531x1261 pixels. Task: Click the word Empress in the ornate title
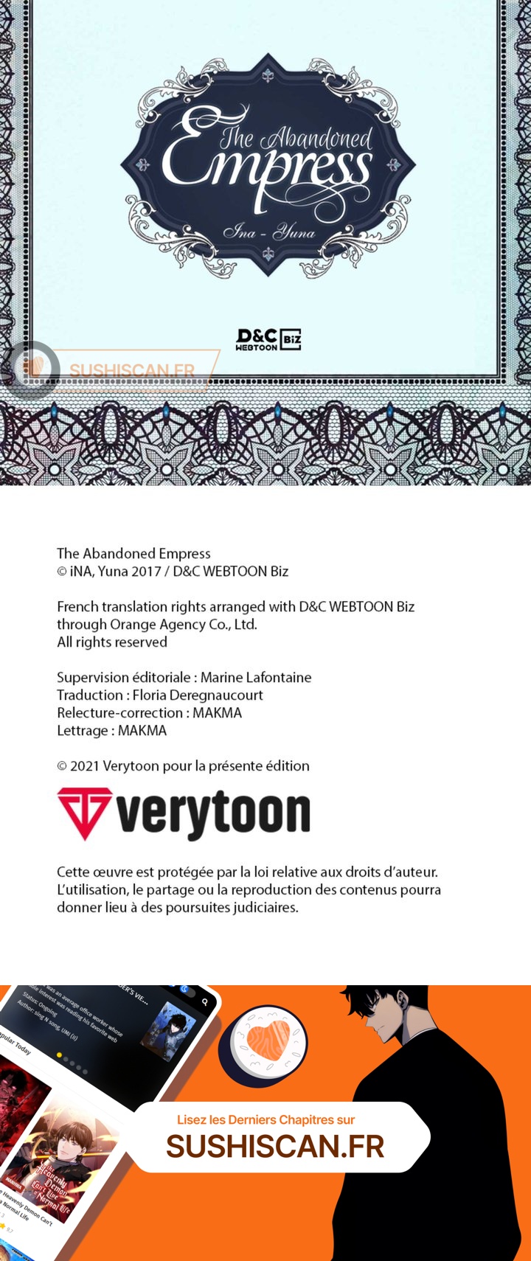coord(265,166)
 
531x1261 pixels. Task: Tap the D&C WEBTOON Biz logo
coord(268,339)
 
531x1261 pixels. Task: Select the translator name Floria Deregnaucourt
coord(198,695)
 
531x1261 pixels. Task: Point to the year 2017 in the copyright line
coord(146,571)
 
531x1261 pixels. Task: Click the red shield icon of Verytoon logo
coord(85,813)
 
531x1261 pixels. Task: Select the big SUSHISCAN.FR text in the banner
coord(275,1147)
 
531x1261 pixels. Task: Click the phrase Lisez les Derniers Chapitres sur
coord(265,1119)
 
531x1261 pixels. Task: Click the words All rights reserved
coord(112,642)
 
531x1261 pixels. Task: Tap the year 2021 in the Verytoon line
coord(85,765)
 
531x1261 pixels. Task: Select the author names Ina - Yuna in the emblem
coord(268,233)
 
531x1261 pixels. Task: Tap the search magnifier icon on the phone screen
coord(205,1001)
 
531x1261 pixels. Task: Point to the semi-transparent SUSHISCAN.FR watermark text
coord(132,370)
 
